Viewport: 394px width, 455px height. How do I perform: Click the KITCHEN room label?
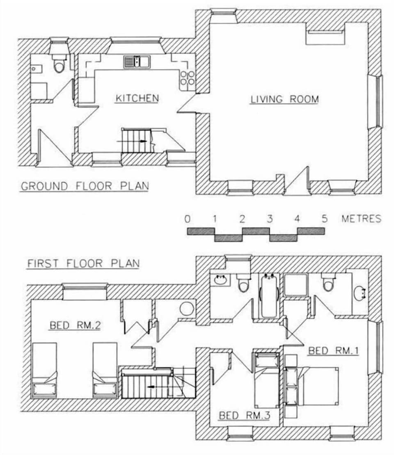(137, 98)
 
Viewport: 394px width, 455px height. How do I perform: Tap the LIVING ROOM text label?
(284, 99)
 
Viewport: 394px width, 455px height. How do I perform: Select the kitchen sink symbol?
(137, 62)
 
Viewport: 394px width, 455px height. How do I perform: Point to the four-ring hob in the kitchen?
(187, 78)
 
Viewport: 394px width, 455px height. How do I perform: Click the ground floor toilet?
(60, 65)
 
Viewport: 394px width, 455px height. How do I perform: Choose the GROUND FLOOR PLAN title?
(85, 186)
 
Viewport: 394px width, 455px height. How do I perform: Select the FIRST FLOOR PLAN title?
(83, 263)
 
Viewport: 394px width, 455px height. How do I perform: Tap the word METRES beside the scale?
(361, 219)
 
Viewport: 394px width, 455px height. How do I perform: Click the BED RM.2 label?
(75, 326)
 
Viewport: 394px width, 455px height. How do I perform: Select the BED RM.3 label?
(244, 415)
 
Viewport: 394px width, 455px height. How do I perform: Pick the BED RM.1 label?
(334, 351)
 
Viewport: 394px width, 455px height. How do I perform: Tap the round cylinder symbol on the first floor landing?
(187, 309)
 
